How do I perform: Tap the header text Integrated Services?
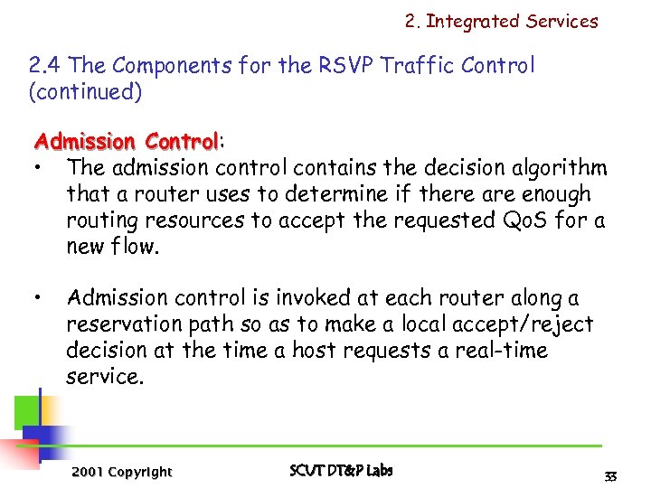pyautogui.click(x=511, y=22)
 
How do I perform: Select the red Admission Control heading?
pyautogui.click(x=126, y=142)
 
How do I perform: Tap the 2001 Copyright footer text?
pyautogui.click(x=121, y=472)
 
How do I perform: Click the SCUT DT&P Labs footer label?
pyautogui.click(x=341, y=470)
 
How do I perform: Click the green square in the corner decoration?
pyautogui.click(x=26, y=412)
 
